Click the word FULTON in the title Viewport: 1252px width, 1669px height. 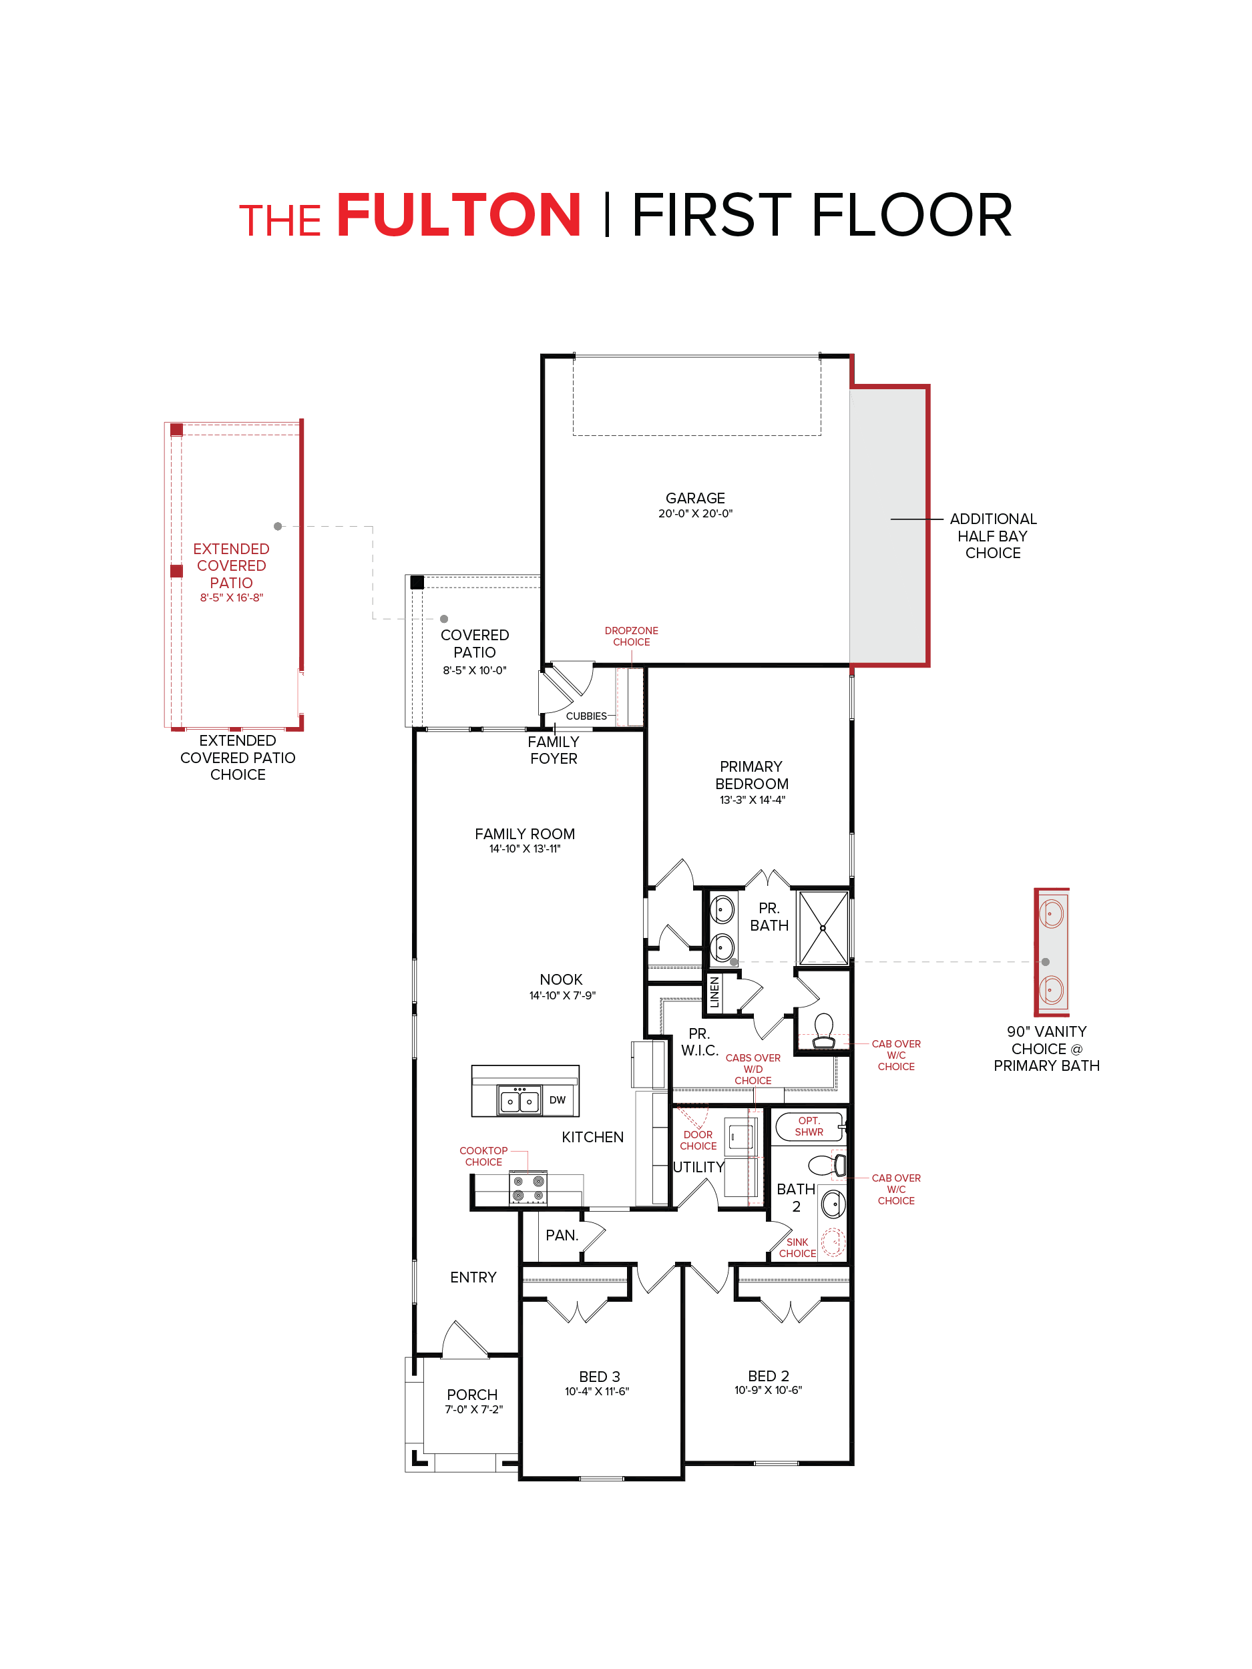pyautogui.click(x=459, y=216)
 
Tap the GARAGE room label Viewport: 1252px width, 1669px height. pyautogui.click(x=694, y=498)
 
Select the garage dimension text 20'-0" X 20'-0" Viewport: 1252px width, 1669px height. pyautogui.click(x=694, y=514)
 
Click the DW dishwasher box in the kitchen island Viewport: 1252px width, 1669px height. pyautogui.click(x=557, y=1100)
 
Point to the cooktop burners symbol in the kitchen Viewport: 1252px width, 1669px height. pyautogui.click(x=528, y=1188)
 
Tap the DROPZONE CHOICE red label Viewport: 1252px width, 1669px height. pyautogui.click(x=631, y=636)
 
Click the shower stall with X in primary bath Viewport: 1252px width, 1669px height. pyautogui.click(x=823, y=928)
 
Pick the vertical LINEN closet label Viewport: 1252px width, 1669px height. pyautogui.click(x=714, y=992)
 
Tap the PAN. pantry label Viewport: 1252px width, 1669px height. pyautogui.click(x=562, y=1235)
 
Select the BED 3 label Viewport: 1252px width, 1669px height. pyautogui.click(x=599, y=1376)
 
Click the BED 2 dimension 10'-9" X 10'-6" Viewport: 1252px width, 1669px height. pyautogui.click(x=767, y=1390)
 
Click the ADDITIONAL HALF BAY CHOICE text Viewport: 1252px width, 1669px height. pyautogui.click(x=992, y=535)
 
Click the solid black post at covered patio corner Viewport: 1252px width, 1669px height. pyautogui.click(x=417, y=581)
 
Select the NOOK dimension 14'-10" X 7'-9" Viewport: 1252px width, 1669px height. pyautogui.click(x=562, y=995)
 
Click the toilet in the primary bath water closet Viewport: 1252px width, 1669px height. pyautogui.click(x=823, y=1030)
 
